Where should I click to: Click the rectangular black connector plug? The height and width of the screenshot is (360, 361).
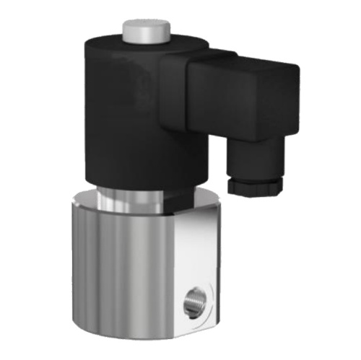click(x=238, y=97)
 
